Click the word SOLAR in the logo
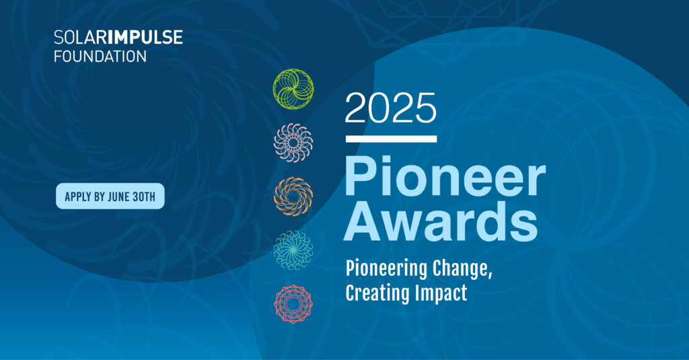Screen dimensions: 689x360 click(79, 38)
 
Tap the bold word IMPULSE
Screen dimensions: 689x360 click(144, 38)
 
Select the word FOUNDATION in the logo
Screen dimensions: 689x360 click(100, 57)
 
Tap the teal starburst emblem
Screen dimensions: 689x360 click(293, 250)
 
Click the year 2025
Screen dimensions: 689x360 click(391, 108)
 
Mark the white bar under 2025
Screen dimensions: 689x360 click(391, 139)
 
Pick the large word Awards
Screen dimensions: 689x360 click(441, 221)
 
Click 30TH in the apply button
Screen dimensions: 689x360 click(144, 196)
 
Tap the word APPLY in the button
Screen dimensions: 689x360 click(78, 196)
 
